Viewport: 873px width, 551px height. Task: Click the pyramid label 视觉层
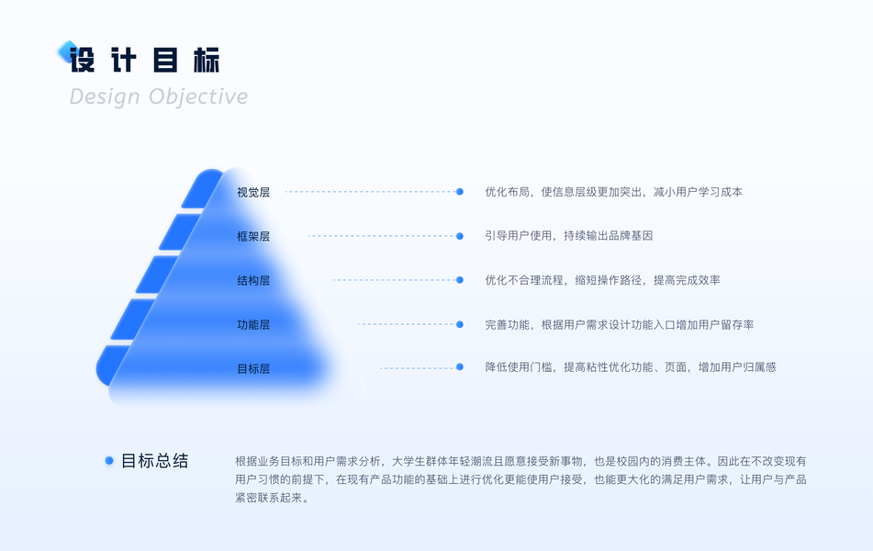[253, 193]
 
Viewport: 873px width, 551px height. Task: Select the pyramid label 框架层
[253, 237]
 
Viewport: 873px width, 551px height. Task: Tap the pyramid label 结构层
[253, 281]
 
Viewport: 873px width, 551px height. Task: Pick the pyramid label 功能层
[253, 325]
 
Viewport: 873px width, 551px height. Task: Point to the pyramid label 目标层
[253, 369]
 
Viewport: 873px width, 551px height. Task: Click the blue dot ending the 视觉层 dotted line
[460, 192]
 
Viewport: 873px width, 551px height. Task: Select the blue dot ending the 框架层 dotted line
[460, 236]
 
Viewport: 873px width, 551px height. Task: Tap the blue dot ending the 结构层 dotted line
[460, 280]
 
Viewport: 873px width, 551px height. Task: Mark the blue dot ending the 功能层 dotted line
[460, 324]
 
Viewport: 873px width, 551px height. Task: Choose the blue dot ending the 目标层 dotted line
[460, 367]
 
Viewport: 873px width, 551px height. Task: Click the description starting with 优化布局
[613, 192]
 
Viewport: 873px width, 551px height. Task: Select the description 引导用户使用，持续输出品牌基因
[568, 236]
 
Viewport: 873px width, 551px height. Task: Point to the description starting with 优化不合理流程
[602, 280]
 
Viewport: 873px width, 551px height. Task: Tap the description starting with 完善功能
[620, 324]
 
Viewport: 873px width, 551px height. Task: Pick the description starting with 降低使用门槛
[630, 367]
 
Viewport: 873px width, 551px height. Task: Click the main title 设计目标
[145, 60]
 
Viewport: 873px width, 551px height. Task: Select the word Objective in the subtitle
[198, 96]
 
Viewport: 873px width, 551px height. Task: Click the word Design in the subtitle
[105, 96]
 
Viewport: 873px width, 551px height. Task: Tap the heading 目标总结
[154, 461]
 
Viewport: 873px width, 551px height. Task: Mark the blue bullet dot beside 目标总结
[109, 461]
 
